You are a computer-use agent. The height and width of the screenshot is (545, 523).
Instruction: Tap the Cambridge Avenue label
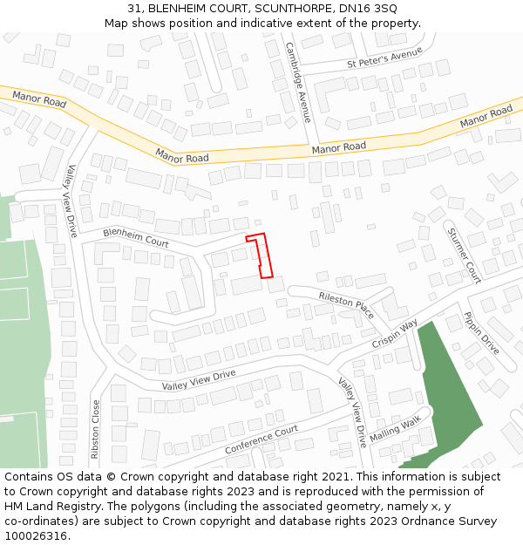[298, 82]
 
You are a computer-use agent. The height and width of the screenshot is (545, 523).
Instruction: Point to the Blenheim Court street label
[136, 236]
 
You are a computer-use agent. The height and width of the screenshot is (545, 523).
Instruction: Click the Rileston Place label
[346, 305]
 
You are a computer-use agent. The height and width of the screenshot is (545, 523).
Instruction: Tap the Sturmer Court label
[464, 255]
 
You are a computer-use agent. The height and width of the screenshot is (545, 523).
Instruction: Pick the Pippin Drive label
[480, 333]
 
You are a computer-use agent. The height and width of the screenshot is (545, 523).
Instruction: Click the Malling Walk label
[395, 427]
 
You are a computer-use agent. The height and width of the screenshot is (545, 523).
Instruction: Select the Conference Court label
[261, 439]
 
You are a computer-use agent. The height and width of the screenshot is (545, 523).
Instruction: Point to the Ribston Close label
[96, 429]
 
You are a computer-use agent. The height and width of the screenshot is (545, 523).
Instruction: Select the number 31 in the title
[134, 8]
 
